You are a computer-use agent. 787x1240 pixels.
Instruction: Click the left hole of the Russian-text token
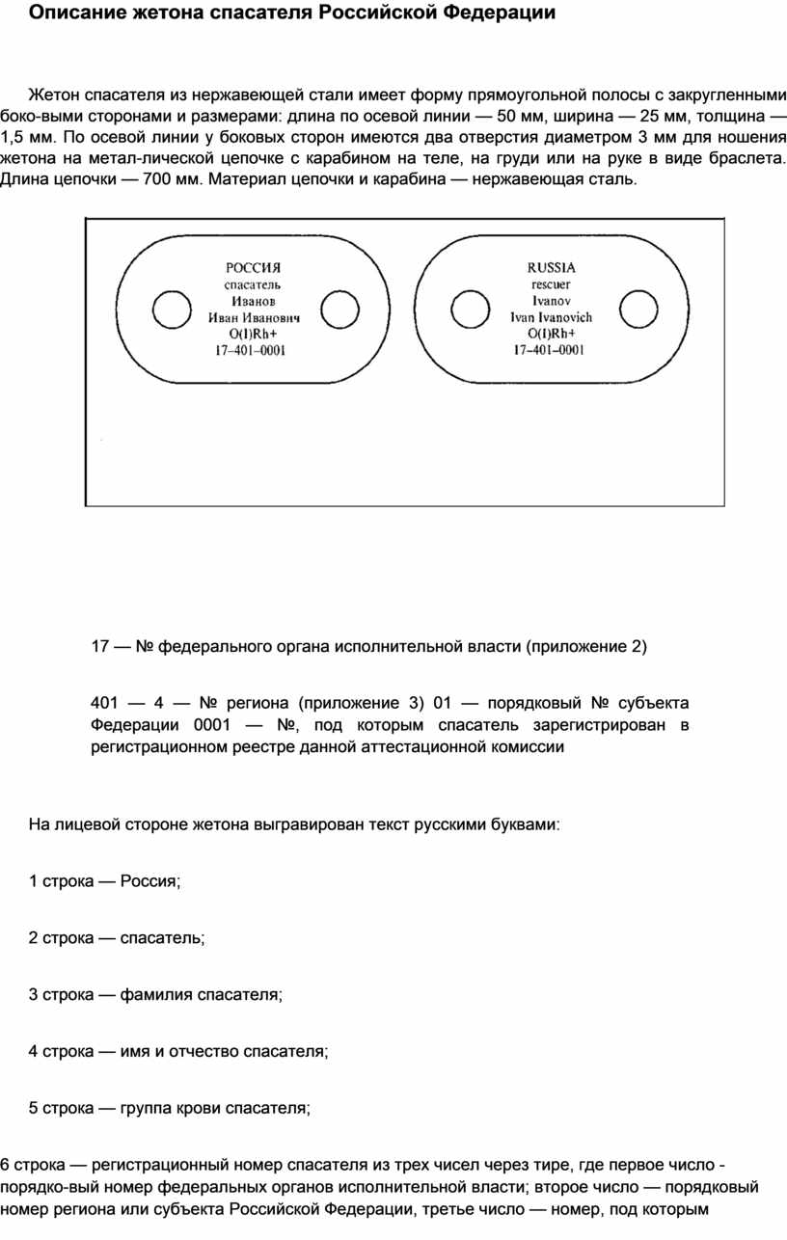coord(171,310)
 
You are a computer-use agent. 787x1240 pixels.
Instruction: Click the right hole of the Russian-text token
coord(339,310)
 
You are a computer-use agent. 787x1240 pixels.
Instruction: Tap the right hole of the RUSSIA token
coord(638,310)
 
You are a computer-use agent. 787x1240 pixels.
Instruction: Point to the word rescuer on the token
coord(551,283)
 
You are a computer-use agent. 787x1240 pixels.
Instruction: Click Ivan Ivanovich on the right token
coord(551,316)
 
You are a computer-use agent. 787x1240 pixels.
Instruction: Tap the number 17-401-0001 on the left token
coord(251,351)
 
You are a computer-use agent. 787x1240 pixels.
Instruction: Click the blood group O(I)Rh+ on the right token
coord(551,333)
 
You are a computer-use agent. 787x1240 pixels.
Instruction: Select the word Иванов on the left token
coord(253,301)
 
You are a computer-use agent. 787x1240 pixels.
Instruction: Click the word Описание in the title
coord(72,13)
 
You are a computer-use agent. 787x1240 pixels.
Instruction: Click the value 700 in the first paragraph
coord(158,180)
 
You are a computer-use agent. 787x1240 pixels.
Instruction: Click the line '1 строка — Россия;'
coord(105,881)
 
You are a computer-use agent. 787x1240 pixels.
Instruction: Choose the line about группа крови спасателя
coord(170,1109)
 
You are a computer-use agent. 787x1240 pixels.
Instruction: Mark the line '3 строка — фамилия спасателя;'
coord(155,995)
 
